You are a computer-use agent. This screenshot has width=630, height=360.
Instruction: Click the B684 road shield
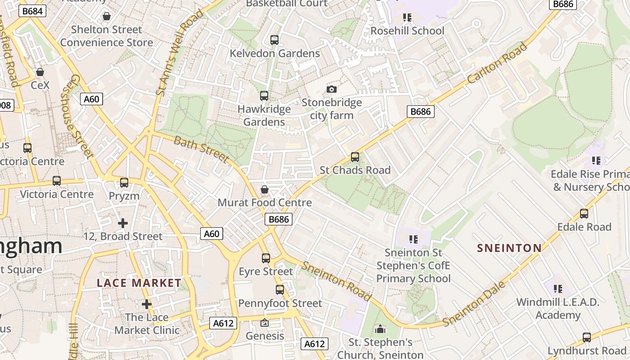click(33, 10)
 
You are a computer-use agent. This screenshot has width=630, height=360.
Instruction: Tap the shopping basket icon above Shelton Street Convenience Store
click(107, 17)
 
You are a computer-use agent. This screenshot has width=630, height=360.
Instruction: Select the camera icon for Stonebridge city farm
click(332, 89)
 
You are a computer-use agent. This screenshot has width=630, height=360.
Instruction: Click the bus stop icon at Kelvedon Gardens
click(274, 40)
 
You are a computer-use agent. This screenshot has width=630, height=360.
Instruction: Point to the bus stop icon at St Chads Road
click(355, 157)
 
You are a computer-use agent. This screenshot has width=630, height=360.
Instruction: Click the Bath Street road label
click(201, 149)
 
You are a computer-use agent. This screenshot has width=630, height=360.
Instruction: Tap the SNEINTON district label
click(509, 248)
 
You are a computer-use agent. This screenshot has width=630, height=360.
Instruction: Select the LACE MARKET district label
click(139, 283)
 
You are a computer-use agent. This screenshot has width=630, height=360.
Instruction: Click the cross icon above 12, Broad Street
click(122, 223)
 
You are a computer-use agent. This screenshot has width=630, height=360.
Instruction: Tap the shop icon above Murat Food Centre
click(265, 189)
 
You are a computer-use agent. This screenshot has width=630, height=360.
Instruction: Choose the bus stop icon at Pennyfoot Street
click(280, 290)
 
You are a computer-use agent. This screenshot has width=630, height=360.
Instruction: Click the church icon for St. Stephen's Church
click(380, 329)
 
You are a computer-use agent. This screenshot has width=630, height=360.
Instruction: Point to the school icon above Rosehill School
click(407, 18)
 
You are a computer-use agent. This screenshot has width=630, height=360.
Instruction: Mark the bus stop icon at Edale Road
click(584, 214)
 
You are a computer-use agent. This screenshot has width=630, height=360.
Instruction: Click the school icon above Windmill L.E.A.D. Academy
click(558, 289)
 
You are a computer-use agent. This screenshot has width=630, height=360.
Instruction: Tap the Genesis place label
click(265, 336)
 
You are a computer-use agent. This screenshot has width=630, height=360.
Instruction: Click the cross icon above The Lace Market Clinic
click(146, 304)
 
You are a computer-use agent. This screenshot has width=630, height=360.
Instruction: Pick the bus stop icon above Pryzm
click(124, 183)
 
